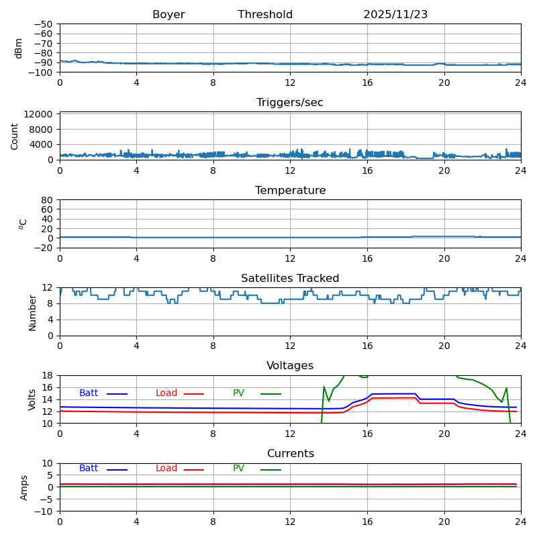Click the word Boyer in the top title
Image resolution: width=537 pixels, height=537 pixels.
168,15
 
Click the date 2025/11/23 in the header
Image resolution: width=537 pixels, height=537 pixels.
395,15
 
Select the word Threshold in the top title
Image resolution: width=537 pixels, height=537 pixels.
265,15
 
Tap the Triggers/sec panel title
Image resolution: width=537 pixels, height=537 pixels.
290,103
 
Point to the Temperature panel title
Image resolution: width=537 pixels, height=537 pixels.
290,191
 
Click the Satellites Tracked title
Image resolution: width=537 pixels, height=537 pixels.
290,279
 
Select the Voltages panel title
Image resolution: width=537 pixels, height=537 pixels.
290,366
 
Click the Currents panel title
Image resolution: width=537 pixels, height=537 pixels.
290,454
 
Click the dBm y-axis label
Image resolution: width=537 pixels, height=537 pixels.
19,48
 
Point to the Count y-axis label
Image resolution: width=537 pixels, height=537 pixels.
15,136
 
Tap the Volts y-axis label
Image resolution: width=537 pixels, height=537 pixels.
32,399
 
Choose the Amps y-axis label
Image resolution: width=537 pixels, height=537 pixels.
24,487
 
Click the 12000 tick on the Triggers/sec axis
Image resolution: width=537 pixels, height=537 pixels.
40,115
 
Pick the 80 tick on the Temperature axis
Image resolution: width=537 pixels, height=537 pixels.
48,200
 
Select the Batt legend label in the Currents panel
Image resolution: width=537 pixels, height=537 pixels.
89,469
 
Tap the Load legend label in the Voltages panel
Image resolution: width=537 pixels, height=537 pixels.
166,393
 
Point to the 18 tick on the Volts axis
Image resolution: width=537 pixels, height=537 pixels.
48,375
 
